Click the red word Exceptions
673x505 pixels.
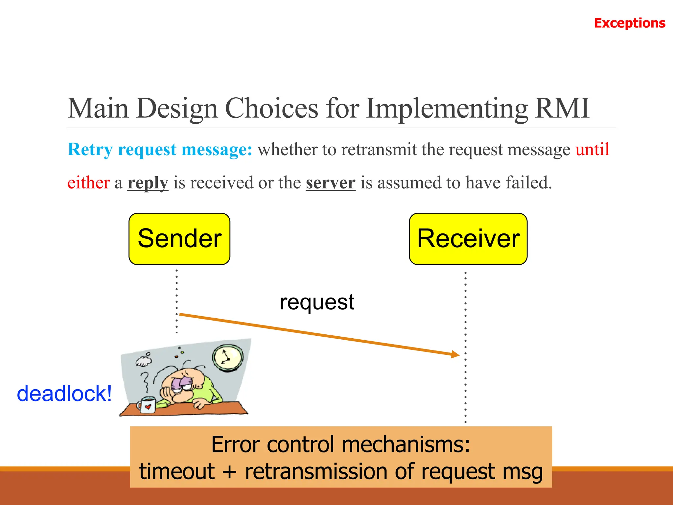click(x=629, y=23)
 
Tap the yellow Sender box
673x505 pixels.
click(x=179, y=239)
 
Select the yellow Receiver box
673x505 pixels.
click(x=468, y=239)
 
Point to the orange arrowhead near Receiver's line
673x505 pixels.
click(x=455, y=354)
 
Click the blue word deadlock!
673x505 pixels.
click(x=64, y=394)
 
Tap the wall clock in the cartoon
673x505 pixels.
click(x=228, y=358)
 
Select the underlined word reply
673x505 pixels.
click(x=148, y=183)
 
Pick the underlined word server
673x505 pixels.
click(x=330, y=183)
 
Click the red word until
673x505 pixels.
click(x=592, y=150)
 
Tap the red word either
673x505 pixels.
click(x=88, y=183)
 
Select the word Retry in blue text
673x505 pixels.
click(x=90, y=150)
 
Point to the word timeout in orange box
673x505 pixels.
click(x=177, y=471)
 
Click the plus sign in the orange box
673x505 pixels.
click(x=229, y=472)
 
